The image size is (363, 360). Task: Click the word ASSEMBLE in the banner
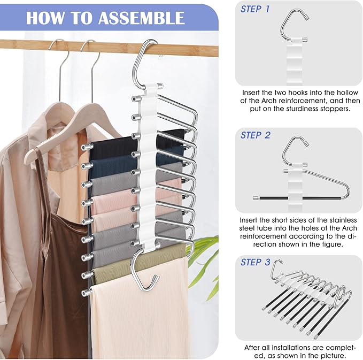coord(141,17)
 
